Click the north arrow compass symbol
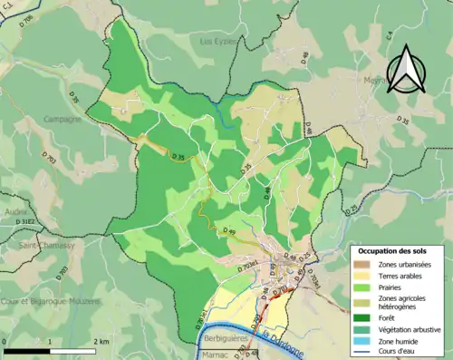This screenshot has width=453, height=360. [x=404, y=65]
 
